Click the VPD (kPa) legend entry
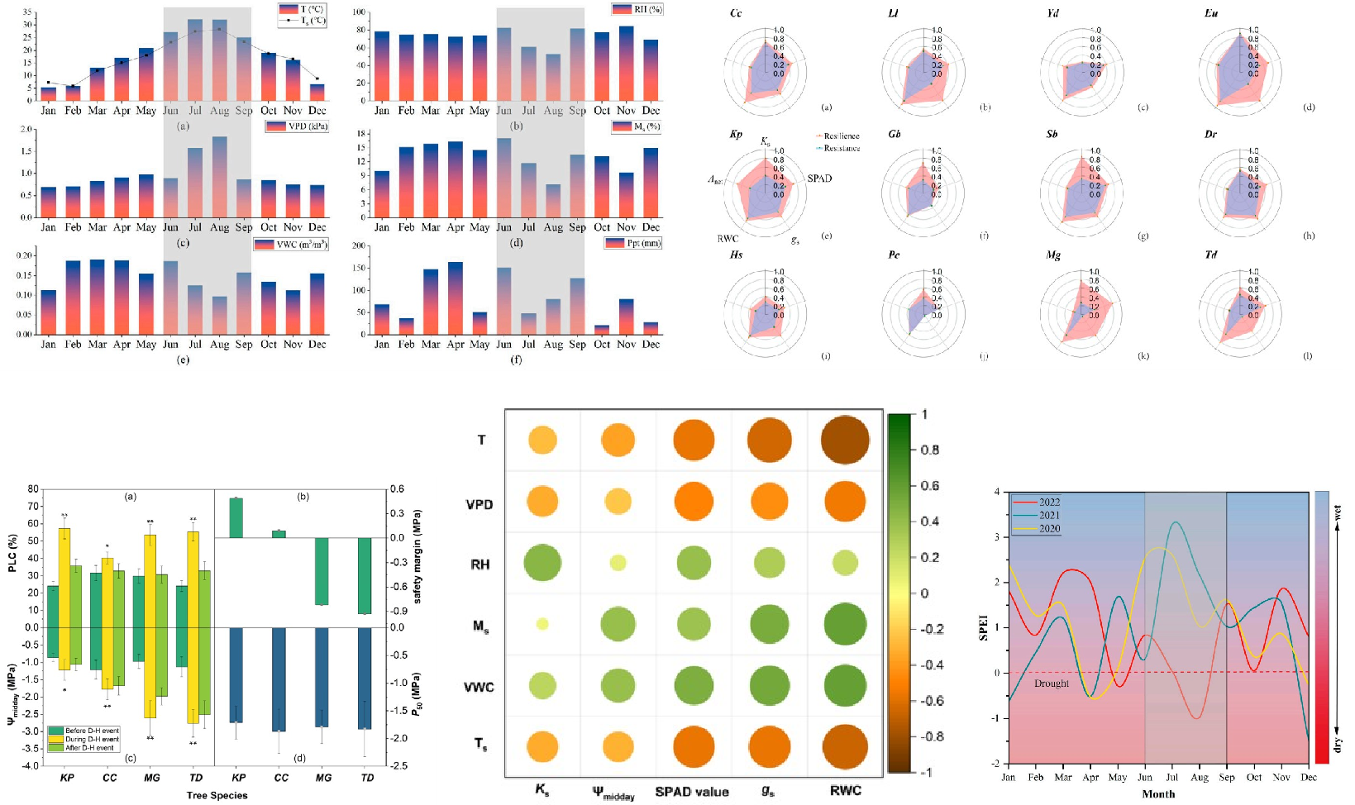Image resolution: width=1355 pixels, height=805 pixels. click(297, 126)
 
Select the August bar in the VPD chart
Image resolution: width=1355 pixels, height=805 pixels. click(219, 177)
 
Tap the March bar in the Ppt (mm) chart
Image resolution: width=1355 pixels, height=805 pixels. click(430, 302)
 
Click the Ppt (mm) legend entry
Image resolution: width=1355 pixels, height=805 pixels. click(634, 243)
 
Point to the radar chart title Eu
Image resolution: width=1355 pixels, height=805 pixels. click(1211, 13)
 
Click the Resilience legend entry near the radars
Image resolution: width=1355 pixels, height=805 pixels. click(841, 136)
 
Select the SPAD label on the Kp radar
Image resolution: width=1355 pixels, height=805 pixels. click(819, 179)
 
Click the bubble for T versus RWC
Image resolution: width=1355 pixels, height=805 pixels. click(846, 440)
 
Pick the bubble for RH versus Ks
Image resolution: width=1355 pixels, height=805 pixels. click(542, 564)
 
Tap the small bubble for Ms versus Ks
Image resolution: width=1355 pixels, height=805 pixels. click(542, 624)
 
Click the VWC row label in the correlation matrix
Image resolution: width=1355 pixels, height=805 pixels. click(479, 687)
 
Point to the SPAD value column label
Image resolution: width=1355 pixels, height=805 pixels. click(692, 792)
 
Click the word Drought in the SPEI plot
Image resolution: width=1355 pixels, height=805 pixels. click(1051, 684)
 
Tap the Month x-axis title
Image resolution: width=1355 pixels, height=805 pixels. click(1158, 794)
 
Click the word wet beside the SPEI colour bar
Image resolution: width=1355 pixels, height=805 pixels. click(1337, 512)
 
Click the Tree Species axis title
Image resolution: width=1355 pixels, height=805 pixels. click(217, 795)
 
